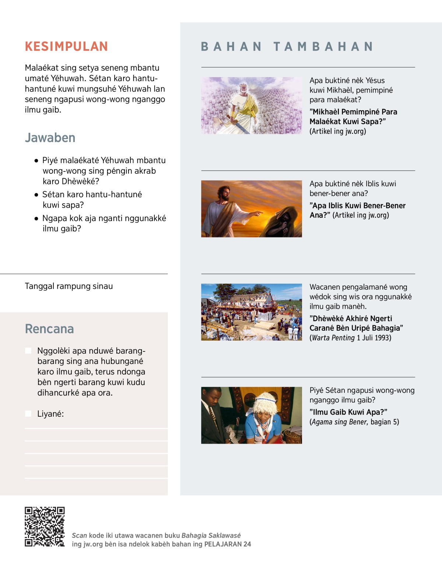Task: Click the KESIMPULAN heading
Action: click(66, 46)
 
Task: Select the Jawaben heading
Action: click(50, 138)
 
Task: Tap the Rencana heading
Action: click(49, 329)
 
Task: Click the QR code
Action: click(45, 527)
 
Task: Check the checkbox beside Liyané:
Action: click(28, 413)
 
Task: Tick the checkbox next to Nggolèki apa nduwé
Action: click(28, 350)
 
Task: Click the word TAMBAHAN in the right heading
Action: click(323, 46)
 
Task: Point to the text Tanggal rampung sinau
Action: click(69, 286)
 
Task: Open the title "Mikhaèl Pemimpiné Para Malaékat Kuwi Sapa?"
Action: click(353, 117)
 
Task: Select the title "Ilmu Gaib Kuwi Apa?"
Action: click(348, 412)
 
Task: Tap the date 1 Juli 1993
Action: click(374, 338)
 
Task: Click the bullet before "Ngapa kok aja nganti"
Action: click(36, 218)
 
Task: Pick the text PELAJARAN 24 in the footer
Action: click(228, 544)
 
